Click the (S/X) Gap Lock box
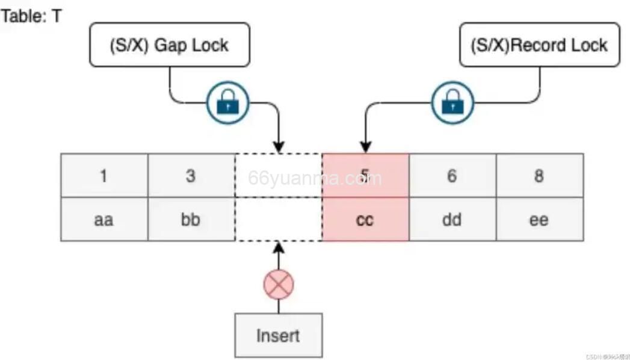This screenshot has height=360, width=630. tap(169, 45)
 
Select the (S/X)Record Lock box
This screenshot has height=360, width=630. tap(539, 45)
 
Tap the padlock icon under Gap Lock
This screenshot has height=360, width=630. tap(227, 104)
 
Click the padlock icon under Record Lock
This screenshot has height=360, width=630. tap(452, 104)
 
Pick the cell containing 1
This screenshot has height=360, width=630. tap(104, 175)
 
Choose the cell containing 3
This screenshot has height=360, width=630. tap(191, 175)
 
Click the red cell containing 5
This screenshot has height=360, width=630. tap(365, 175)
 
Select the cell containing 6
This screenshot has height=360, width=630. tap(452, 175)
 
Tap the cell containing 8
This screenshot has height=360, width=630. tap(539, 175)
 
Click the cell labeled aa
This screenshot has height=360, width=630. tap(104, 219)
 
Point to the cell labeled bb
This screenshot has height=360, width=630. tap(191, 219)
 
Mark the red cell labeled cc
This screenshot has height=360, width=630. tap(365, 219)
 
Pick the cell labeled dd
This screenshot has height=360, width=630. tap(452, 219)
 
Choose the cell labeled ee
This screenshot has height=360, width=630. tap(539, 219)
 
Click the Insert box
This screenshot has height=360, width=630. tap(278, 335)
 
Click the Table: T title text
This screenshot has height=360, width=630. tap(31, 16)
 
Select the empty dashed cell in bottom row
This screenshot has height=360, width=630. tap(278, 219)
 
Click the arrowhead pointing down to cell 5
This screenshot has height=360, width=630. tap(365, 147)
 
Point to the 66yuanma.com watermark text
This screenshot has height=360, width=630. tap(315, 178)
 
